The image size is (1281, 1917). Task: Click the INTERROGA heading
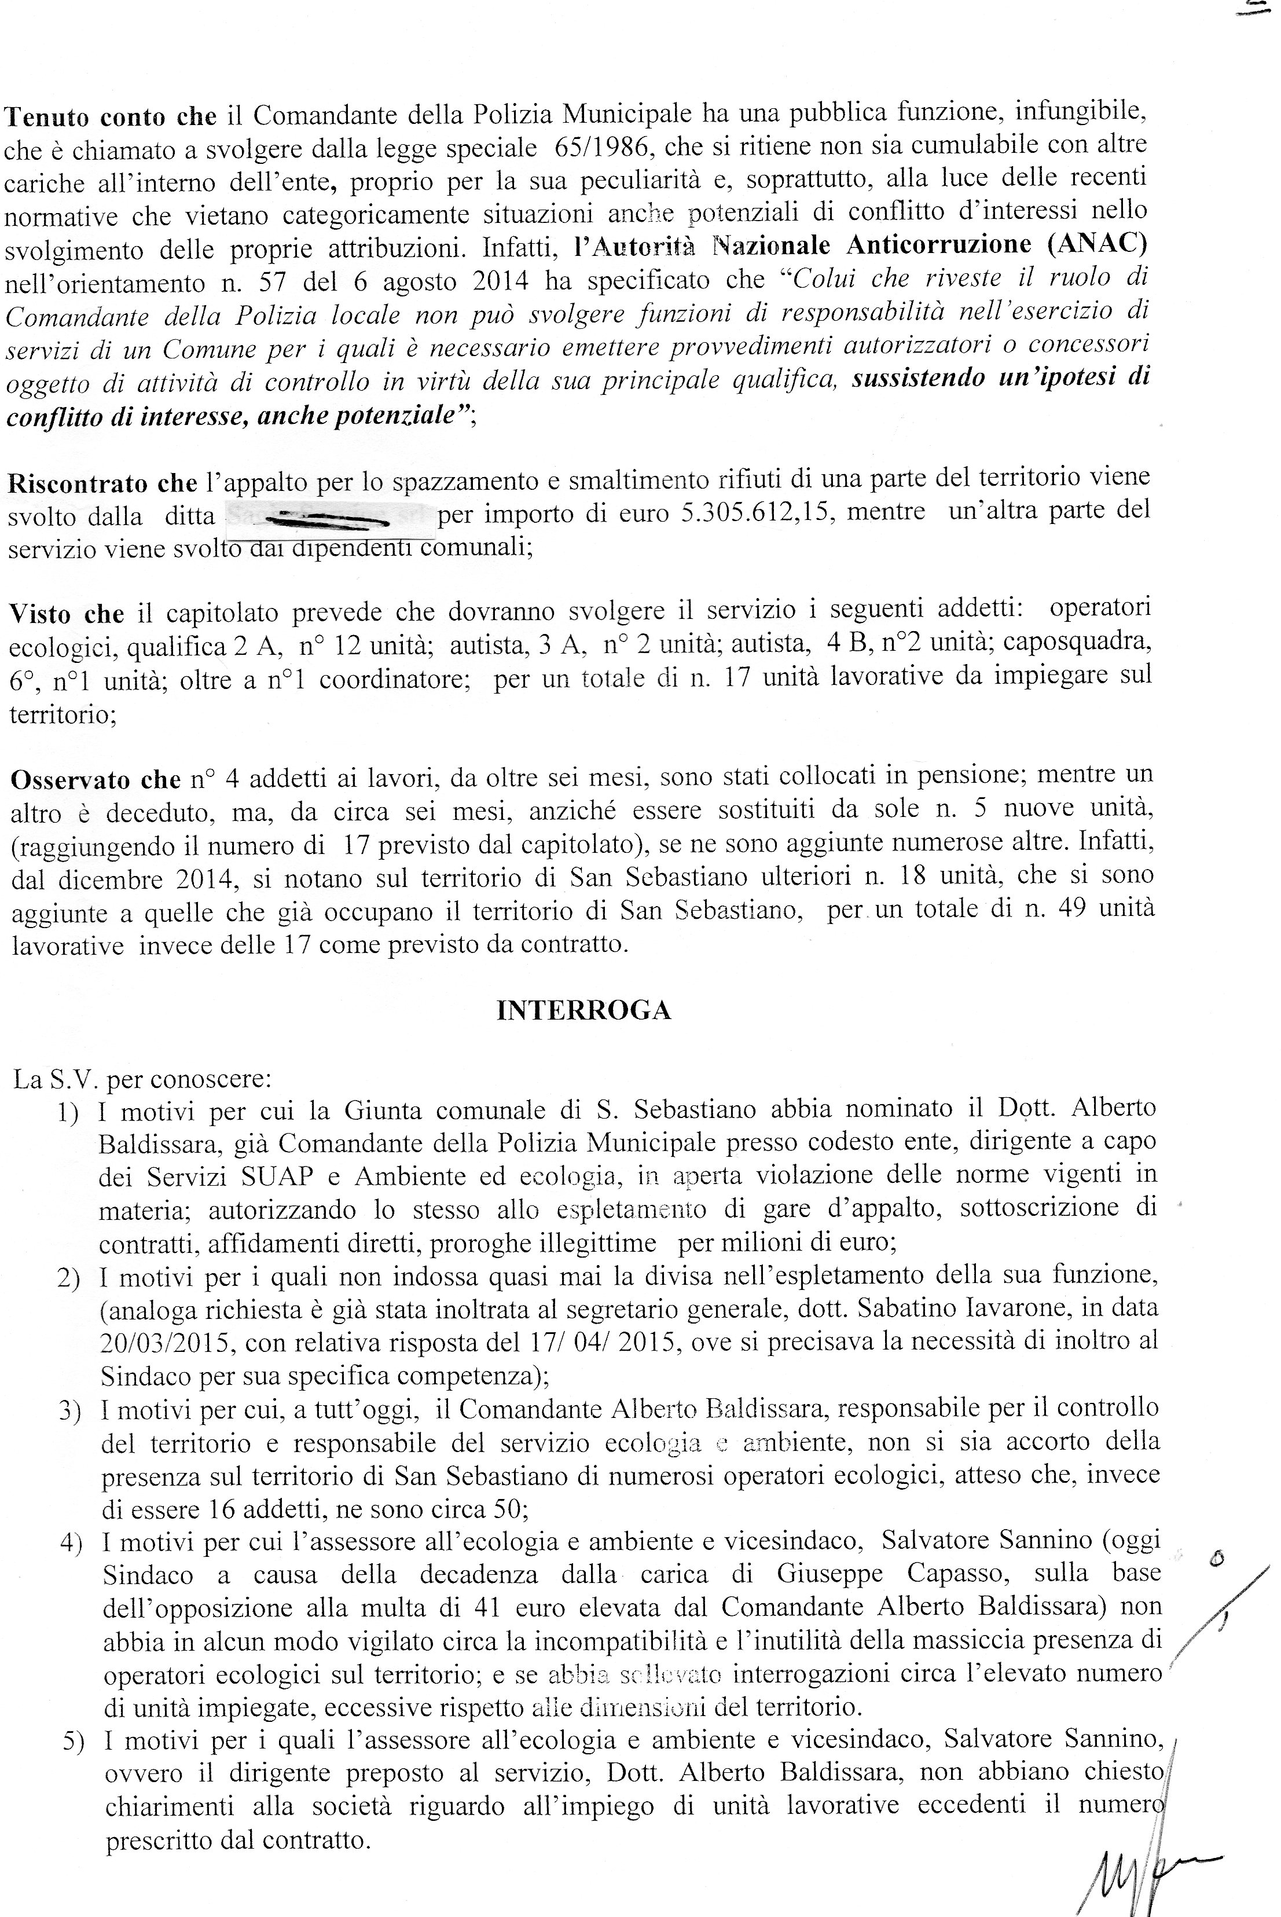[583, 1011]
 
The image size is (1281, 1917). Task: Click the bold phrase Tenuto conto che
[111, 117]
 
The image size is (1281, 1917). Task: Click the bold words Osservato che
[96, 779]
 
